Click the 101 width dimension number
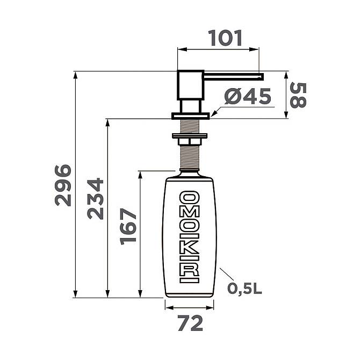(225, 38)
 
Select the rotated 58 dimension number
(298, 95)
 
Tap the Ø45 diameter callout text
(248, 96)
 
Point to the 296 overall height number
(63, 185)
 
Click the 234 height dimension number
(95, 198)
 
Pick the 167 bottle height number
(128, 227)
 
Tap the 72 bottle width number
(190, 323)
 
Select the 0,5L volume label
(245, 288)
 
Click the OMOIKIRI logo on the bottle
(189, 237)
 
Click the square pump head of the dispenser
(191, 85)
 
